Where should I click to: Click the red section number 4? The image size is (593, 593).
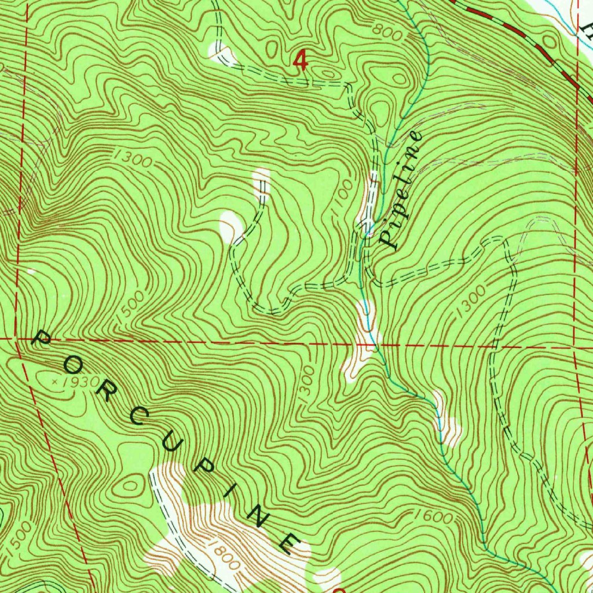pyautogui.click(x=299, y=60)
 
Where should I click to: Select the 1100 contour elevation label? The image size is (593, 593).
pyautogui.click(x=342, y=199)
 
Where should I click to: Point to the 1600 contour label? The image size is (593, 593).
pyautogui.click(x=434, y=517)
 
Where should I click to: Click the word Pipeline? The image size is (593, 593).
pyautogui.click(x=400, y=190)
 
